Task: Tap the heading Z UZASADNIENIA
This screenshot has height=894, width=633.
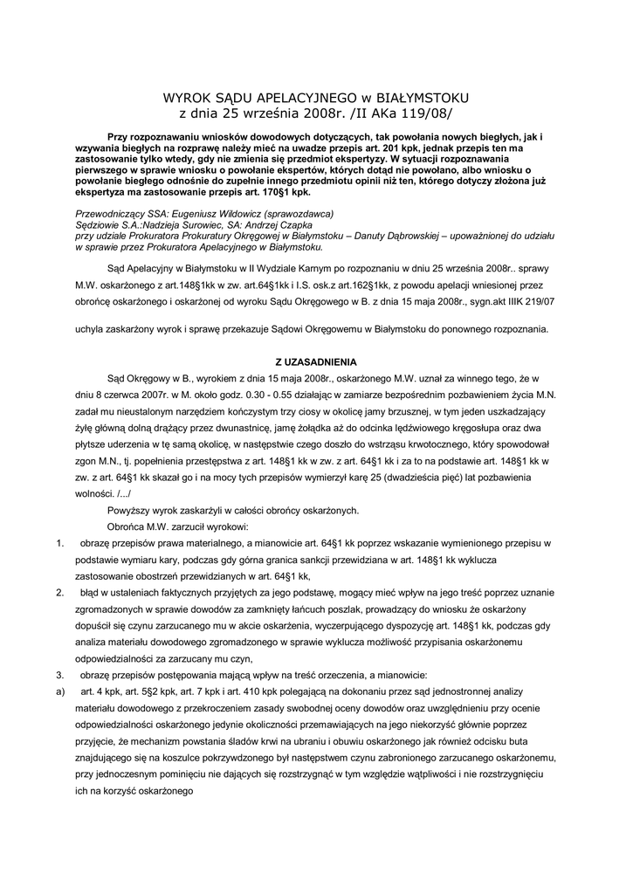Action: (x=316, y=361)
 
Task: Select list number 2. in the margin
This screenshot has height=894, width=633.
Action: (x=59, y=593)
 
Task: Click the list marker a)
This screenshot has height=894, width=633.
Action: (x=59, y=692)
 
